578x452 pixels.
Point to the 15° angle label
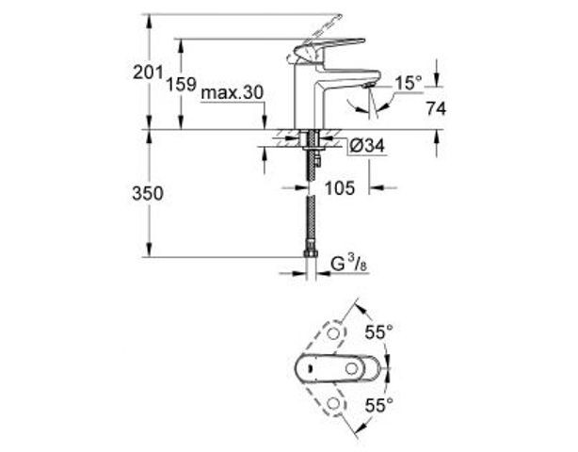coord(408,85)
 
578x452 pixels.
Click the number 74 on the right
coord(434,109)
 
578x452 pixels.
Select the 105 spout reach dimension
coord(339,188)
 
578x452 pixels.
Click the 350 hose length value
coord(146,193)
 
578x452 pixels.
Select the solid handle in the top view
coord(334,368)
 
